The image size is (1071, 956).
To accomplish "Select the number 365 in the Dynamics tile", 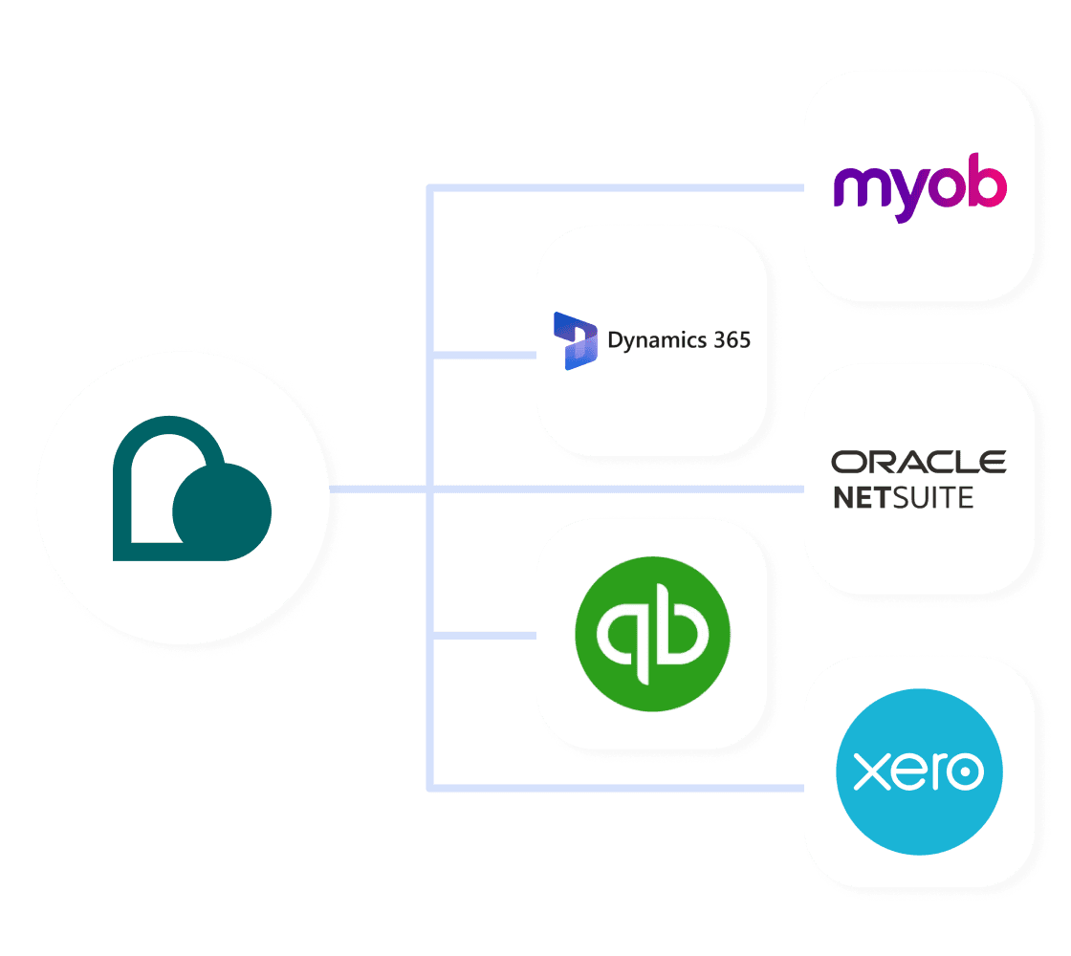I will pyautogui.click(x=732, y=339).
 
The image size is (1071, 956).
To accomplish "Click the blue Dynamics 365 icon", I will pyautogui.click(x=575, y=340).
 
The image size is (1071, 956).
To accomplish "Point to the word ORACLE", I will pyautogui.click(x=918, y=463).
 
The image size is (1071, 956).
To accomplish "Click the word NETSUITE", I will pyautogui.click(x=903, y=497).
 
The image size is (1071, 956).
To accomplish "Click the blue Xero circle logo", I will pyautogui.click(x=919, y=771).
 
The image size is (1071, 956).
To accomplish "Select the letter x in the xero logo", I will pyautogui.click(x=867, y=771).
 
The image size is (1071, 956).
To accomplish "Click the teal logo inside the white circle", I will pyautogui.click(x=191, y=489).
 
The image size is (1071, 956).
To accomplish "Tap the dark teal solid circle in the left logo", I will pyautogui.click(x=222, y=511).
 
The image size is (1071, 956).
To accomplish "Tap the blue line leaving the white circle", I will pyautogui.click(x=378, y=489).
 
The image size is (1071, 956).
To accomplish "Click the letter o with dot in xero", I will pyautogui.click(x=964, y=771).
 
